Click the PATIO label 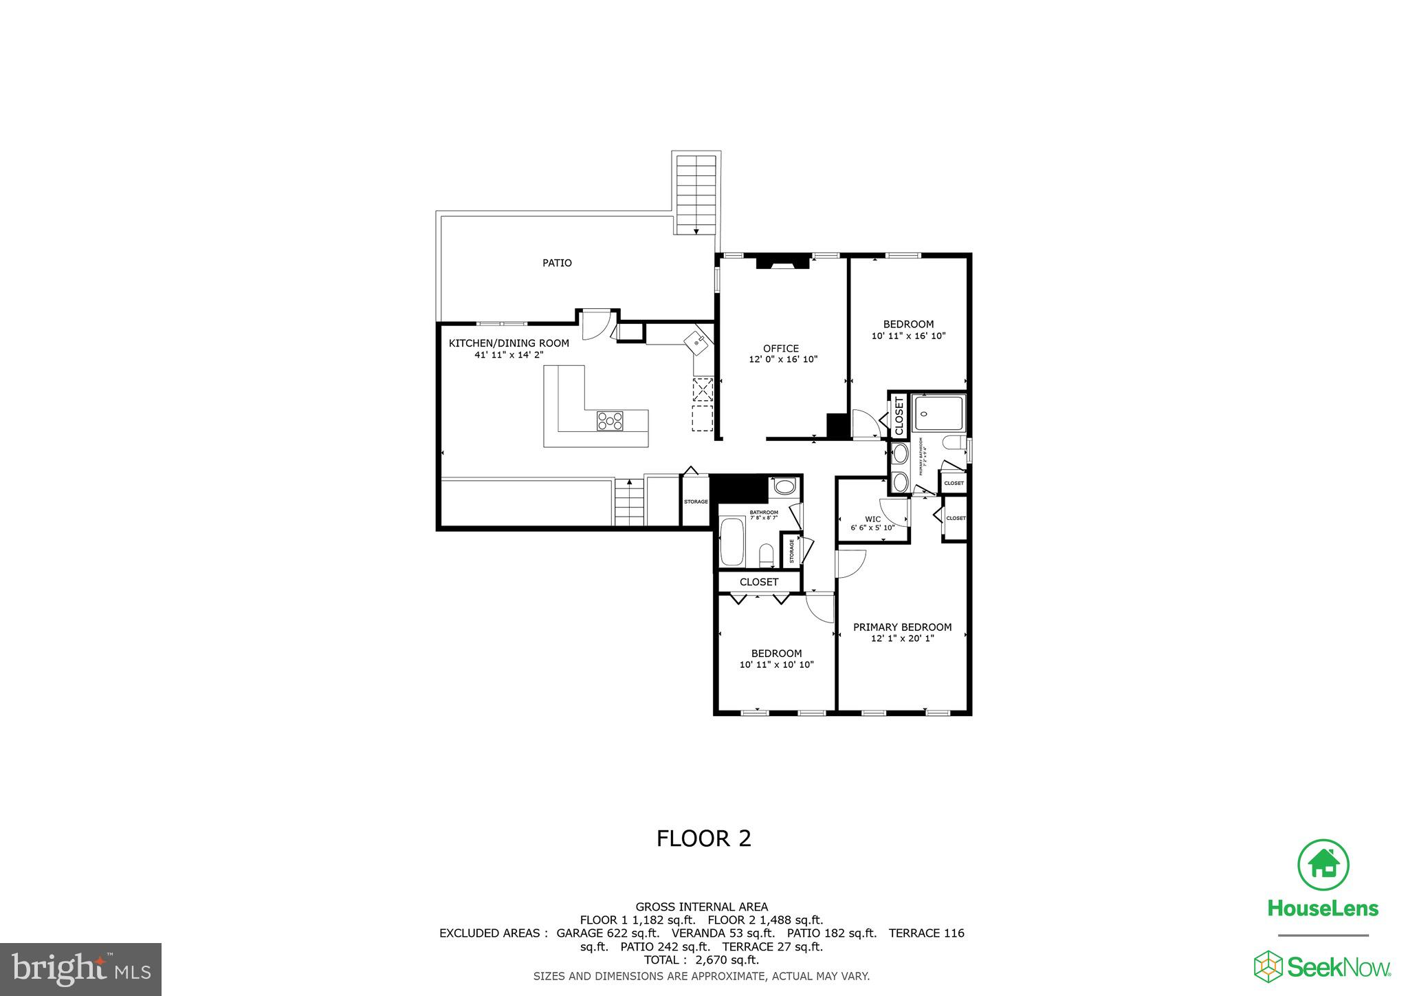click(557, 263)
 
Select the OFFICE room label click(780, 349)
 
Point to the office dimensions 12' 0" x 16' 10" click(782, 359)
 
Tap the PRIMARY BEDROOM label click(902, 627)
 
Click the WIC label click(872, 519)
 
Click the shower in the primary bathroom click(939, 412)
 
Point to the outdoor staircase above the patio click(696, 194)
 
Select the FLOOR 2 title click(703, 838)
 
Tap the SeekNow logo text click(1338, 968)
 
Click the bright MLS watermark click(81, 969)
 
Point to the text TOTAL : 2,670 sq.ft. click(701, 960)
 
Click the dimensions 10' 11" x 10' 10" click(776, 664)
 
